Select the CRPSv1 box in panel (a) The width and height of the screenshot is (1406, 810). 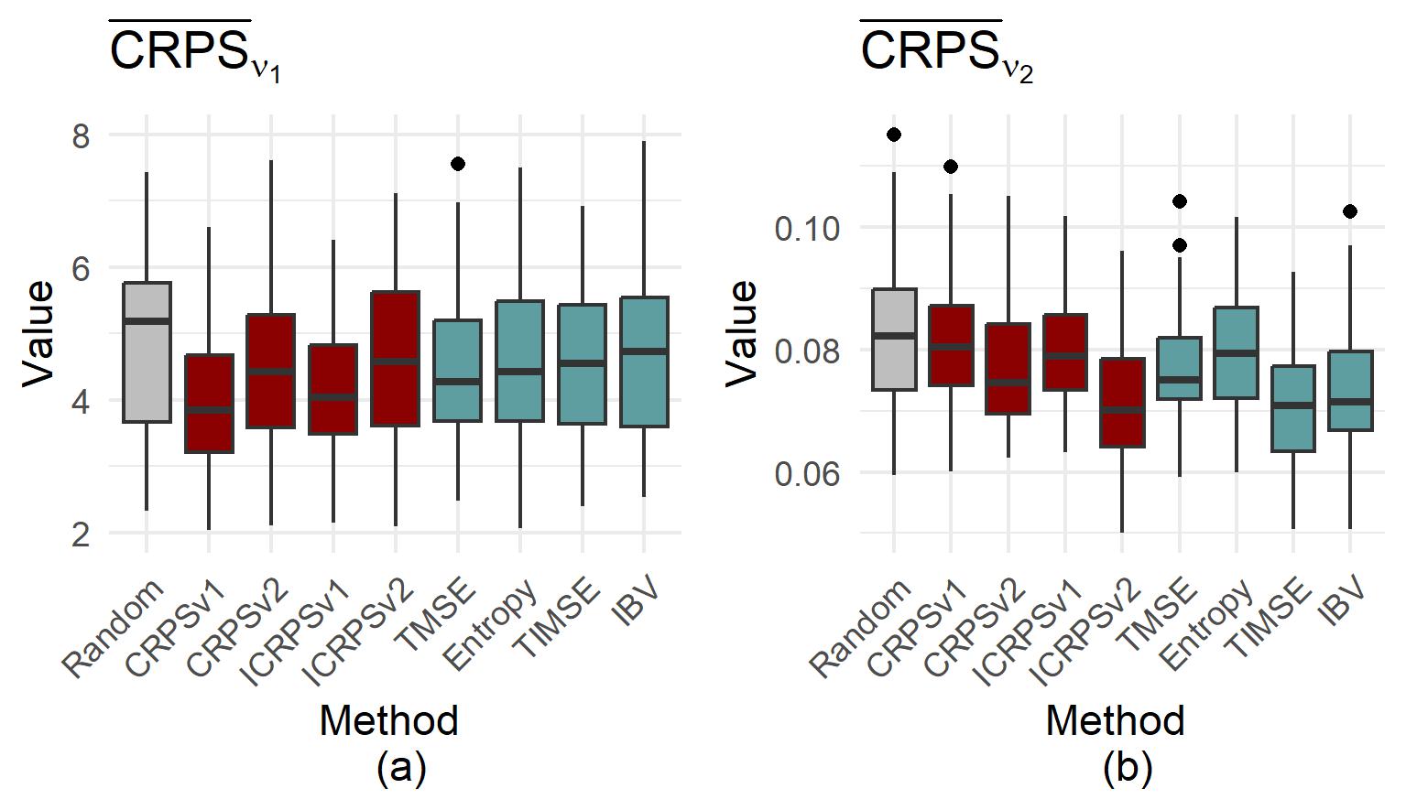(x=209, y=404)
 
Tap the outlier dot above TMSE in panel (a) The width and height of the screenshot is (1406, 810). (x=458, y=164)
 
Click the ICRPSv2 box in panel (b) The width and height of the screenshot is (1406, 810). (x=1122, y=403)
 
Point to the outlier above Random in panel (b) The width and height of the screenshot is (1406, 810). (x=894, y=135)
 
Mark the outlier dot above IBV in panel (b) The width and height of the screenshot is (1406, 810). (x=1350, y=211)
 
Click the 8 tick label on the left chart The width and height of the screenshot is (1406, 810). (x=81, y=136)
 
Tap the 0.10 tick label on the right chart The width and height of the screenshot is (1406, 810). (x=807, y=228)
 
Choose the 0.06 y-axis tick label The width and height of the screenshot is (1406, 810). (x=807, y=474)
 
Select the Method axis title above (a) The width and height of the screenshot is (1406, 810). (x=388, y=721)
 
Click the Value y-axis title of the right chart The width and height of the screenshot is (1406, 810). (x=742, y=332)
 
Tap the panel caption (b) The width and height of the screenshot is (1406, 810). (x=1127, y=768)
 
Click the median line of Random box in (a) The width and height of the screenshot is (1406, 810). (x=147, y=320)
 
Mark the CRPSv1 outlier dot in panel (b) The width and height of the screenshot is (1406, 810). (x=951, y=167)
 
